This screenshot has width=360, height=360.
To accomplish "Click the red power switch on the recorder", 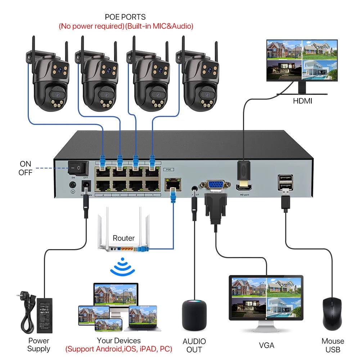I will [x=78, y=167].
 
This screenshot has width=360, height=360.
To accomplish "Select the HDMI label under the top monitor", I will [x=302, y=101].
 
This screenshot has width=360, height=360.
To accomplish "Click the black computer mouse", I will [x=332, y=313].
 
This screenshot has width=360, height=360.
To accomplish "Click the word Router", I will [x=123, y=238].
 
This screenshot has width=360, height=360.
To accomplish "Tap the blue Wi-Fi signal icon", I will [x=122, y=267].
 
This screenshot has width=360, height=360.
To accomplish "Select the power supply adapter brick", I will [x=45, y=315].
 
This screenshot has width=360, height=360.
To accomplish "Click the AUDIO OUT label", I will [x=194, y=345].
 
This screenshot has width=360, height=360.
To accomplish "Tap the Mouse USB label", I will [x=333, y=345].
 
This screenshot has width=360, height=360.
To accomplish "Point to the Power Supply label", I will [x=39, y=345].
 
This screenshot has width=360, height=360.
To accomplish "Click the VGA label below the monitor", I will [x=266, y=345].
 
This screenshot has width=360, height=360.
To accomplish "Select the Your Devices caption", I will [x=119, y=341].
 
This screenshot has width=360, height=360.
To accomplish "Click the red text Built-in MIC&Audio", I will [x=159, y=26].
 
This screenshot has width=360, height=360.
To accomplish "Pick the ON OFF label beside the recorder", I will [x=26, y=168].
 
